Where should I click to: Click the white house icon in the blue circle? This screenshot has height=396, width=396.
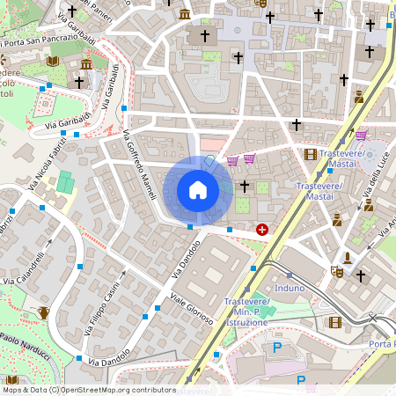(197, 190)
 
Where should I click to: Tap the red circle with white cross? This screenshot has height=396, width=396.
(262, 230)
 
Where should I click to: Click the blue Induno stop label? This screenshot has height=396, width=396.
(290, 288)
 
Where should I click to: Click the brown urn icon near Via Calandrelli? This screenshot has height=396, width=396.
(43, 312)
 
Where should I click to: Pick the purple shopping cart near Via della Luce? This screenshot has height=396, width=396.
(362, 136)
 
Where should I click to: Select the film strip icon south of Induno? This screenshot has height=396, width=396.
(334, 322)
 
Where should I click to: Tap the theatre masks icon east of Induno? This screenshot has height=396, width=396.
(334, 273)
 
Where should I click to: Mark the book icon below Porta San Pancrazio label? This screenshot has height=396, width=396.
(53, 61)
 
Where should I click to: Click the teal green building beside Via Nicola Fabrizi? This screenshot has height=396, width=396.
(65, 184)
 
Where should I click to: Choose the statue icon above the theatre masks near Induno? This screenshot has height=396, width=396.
(348, 258)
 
